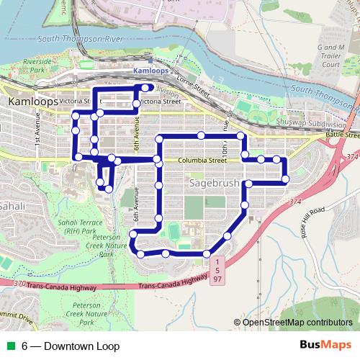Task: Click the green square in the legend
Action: point(9,346)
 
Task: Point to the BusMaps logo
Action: point(325,346)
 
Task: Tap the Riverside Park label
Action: point(38,67)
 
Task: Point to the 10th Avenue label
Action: point(225,148)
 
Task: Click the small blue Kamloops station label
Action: point(151,71)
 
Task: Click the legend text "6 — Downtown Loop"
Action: point(70,346)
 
